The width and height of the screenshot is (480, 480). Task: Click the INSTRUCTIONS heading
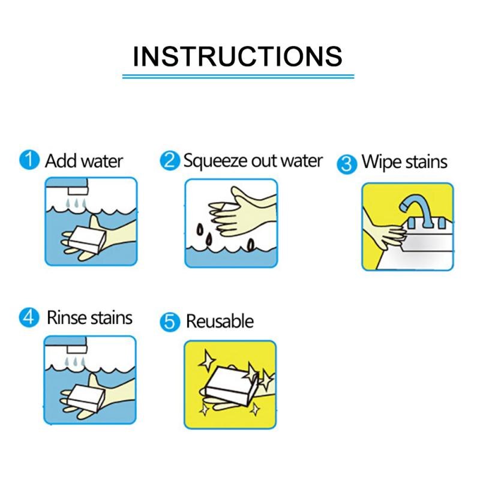[238, 56]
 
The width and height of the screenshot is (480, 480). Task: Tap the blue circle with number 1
[29, 160]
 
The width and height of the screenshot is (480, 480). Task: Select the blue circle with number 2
[170, 161]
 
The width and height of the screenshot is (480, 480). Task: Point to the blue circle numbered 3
[347, 164]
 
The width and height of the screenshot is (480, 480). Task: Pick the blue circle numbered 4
[29, 317]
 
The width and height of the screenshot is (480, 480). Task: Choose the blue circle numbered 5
[170, 322]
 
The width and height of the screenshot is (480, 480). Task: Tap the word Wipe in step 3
[379, 162]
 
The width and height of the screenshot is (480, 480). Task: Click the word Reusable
[220, 322]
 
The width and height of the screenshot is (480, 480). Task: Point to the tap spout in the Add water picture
[79, 191]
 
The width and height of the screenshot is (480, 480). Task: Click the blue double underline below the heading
[238, 76]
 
